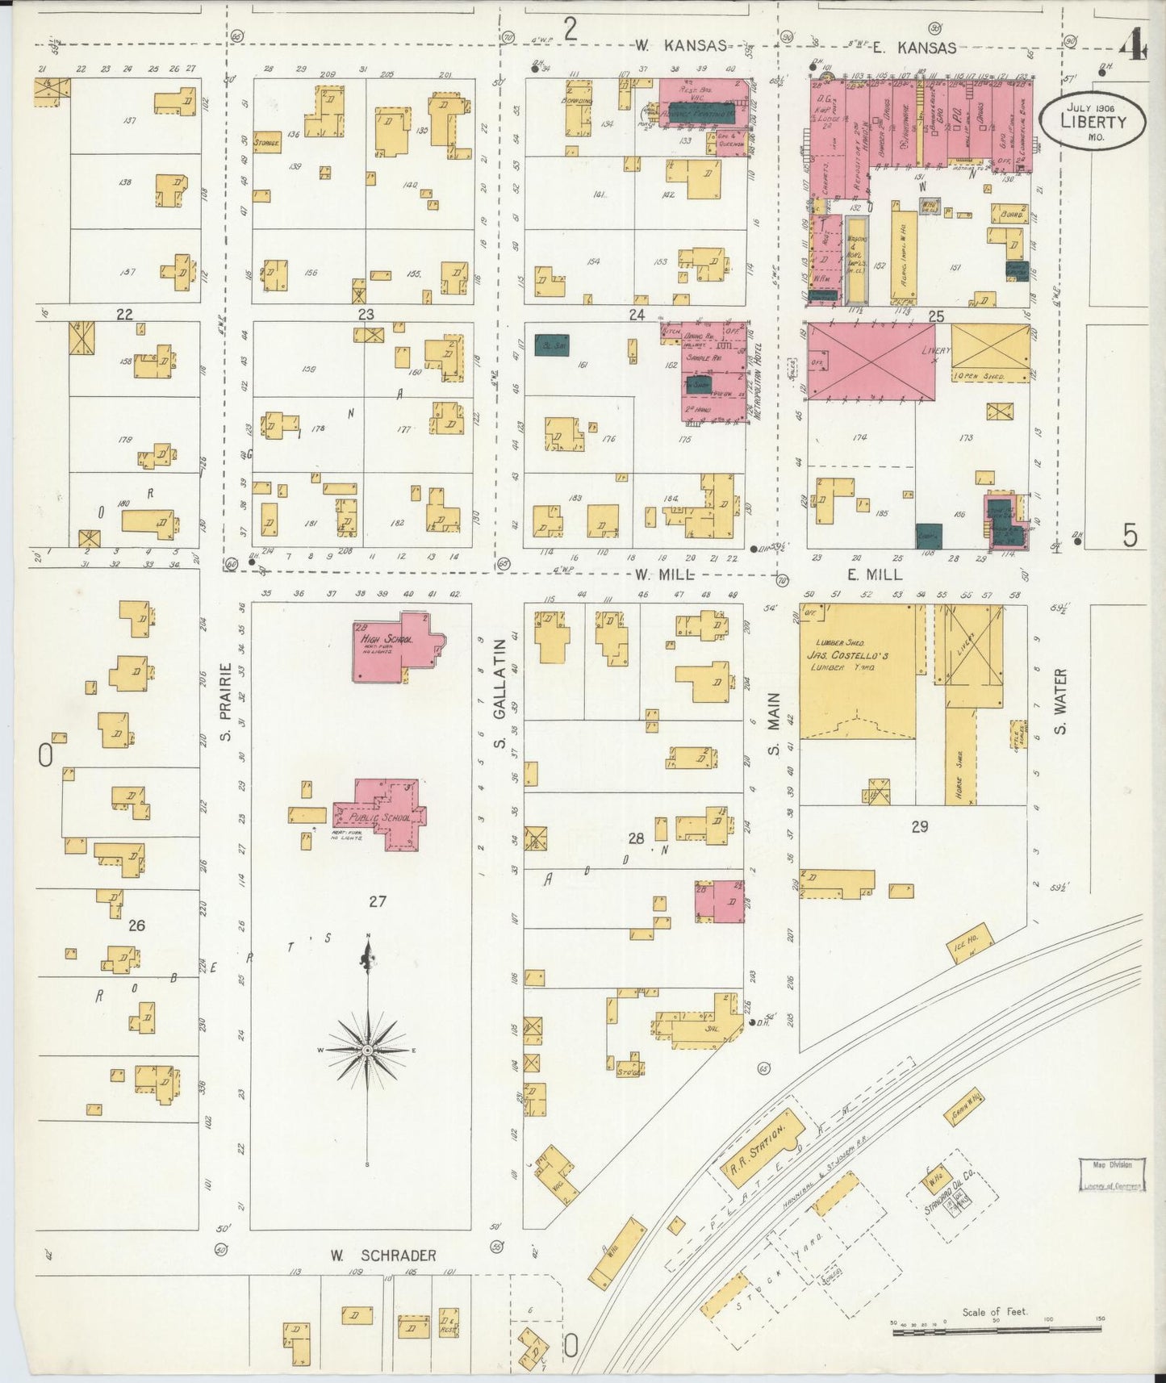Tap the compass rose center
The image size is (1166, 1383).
point(368,1050)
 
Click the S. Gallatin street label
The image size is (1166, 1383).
point(499,694)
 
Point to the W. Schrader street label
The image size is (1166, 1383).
point(383,1256)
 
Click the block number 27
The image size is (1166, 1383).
point(377,901)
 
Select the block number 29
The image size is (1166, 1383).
point(919,826)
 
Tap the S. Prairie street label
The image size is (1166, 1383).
point(227,702)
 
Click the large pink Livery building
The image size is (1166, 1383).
point(871,361)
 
